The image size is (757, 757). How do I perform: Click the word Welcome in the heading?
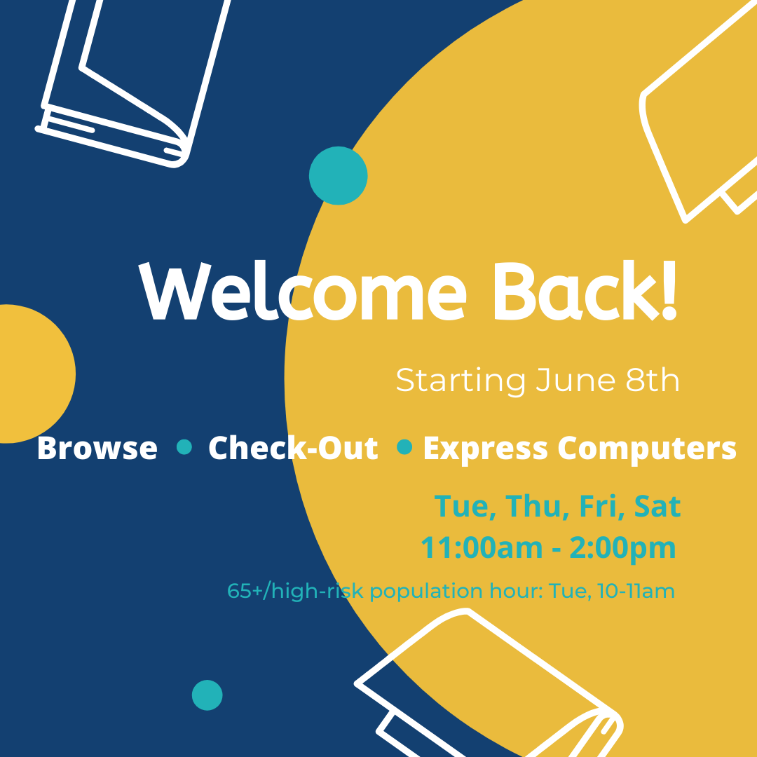click(x=303, y=291)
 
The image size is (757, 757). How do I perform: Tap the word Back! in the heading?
click(x=585, y=291)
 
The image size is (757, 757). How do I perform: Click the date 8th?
click(x=653, y=380)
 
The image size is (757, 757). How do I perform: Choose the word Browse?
click(x=97, y=447)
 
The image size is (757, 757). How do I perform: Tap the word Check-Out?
click(x=293, y=447)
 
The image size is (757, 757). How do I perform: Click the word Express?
click(x=485, y=449)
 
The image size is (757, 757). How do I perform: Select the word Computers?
click(x=647, y=449)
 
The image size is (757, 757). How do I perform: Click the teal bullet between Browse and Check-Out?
click(x=184, y=447)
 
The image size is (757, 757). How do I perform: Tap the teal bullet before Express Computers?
click(x=404, y=447)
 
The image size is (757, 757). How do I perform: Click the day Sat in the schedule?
click(x=657, y=506)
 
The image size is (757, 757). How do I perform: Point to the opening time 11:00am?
click(x=482, y=547)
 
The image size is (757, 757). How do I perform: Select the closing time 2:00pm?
click(x=623, y=549)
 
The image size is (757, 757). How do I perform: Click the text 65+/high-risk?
click(x=294, y=592)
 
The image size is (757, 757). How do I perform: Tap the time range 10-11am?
click(x=636, y=591)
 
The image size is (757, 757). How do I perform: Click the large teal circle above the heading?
click(x=338, y=176)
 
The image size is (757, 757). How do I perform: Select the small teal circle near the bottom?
click(x=207, y=695)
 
